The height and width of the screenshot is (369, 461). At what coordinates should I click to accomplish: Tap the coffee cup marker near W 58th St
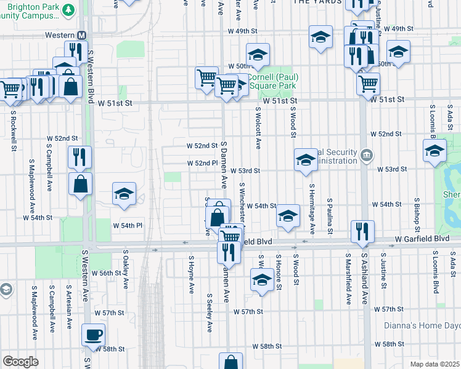click(94, 335)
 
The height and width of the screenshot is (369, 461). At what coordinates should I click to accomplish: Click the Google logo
click(20, 362)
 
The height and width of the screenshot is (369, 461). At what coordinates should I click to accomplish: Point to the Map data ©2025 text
click(434, 364)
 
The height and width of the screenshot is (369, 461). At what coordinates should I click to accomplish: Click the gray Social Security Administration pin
click(367, 154)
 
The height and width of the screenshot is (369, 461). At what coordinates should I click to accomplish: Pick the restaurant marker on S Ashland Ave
click(361, 231)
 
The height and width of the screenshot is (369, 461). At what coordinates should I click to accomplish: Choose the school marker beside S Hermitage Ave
click(305, 160)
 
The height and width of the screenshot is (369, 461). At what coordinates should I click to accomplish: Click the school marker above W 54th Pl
click(124, 194)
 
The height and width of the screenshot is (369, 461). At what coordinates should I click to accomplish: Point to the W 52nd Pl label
click(203, 164)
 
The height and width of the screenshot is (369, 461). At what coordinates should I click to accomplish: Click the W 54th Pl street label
click(127, 225)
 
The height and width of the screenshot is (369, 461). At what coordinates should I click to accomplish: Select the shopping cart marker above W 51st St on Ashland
click(369, 83)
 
